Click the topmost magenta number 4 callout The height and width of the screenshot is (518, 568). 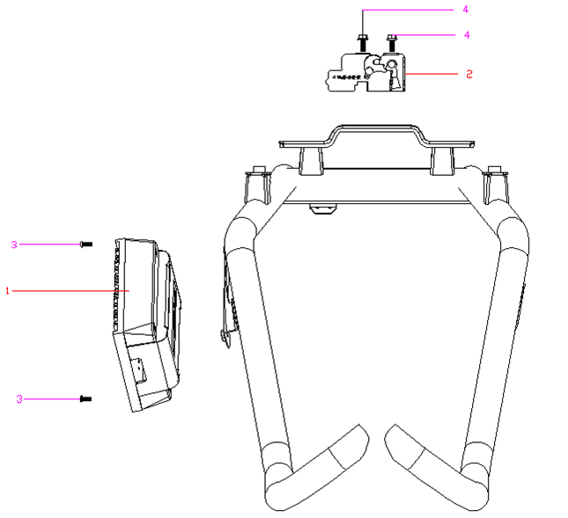[466, 10]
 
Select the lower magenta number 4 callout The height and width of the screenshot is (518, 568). [467, 34]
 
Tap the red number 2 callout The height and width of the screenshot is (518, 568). [469, 74]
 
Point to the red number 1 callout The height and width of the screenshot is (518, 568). [7, 290]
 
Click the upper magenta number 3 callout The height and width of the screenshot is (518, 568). [14, 244]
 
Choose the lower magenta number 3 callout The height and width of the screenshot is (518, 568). [19, 399]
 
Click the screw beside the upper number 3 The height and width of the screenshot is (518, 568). [86, 244]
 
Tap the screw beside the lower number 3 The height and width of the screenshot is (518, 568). [85, 399]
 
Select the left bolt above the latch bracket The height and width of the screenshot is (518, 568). [363, 42]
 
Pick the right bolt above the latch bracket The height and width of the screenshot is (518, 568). [391, 42]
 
